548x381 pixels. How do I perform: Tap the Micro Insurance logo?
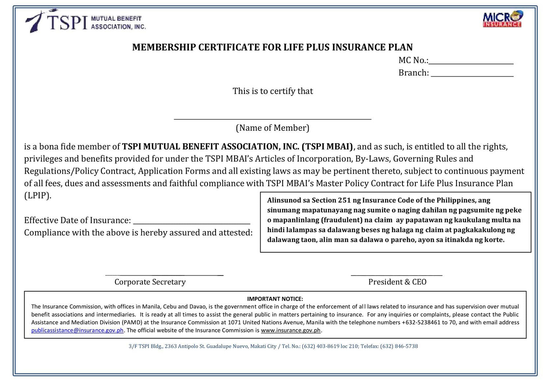point(502,19)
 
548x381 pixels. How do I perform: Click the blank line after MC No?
point(471,63)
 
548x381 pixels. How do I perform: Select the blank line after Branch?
point(472,76)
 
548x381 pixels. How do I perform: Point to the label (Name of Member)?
point(273,128)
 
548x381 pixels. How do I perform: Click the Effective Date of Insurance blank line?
point(192,223)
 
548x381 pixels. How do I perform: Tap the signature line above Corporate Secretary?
point(164,274)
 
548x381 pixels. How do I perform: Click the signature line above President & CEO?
point(396,274)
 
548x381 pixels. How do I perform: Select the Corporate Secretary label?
point(150,282)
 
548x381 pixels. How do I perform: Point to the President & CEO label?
point(397,282)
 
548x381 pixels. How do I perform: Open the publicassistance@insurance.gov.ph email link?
point(77,330)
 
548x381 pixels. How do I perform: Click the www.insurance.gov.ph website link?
point(290,330)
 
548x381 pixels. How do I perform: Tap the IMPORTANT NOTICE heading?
point(275,299)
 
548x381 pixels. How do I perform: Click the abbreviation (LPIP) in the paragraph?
point(38,196)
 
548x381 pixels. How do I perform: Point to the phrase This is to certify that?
point(273,91)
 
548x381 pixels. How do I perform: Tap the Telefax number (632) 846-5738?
point(399,346)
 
